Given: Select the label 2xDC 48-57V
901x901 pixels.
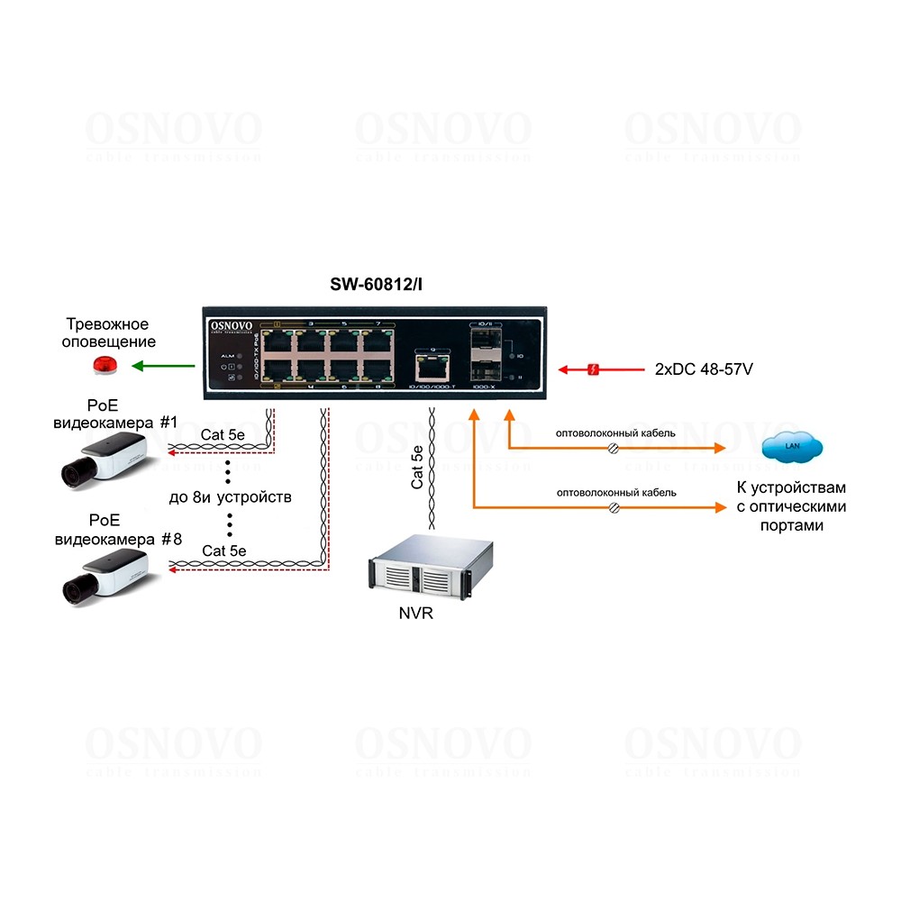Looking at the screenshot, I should pos(704,369).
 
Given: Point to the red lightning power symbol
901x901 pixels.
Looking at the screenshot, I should pos(593,369).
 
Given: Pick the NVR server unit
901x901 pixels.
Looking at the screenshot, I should pos(432,568).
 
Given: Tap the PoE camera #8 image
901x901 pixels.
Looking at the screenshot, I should pos(104,577).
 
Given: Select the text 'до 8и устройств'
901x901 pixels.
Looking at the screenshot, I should pos(230,497).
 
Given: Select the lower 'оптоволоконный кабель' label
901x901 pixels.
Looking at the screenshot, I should pos(616,493).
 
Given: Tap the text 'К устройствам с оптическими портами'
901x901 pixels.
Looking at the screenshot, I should pos(792,506).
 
